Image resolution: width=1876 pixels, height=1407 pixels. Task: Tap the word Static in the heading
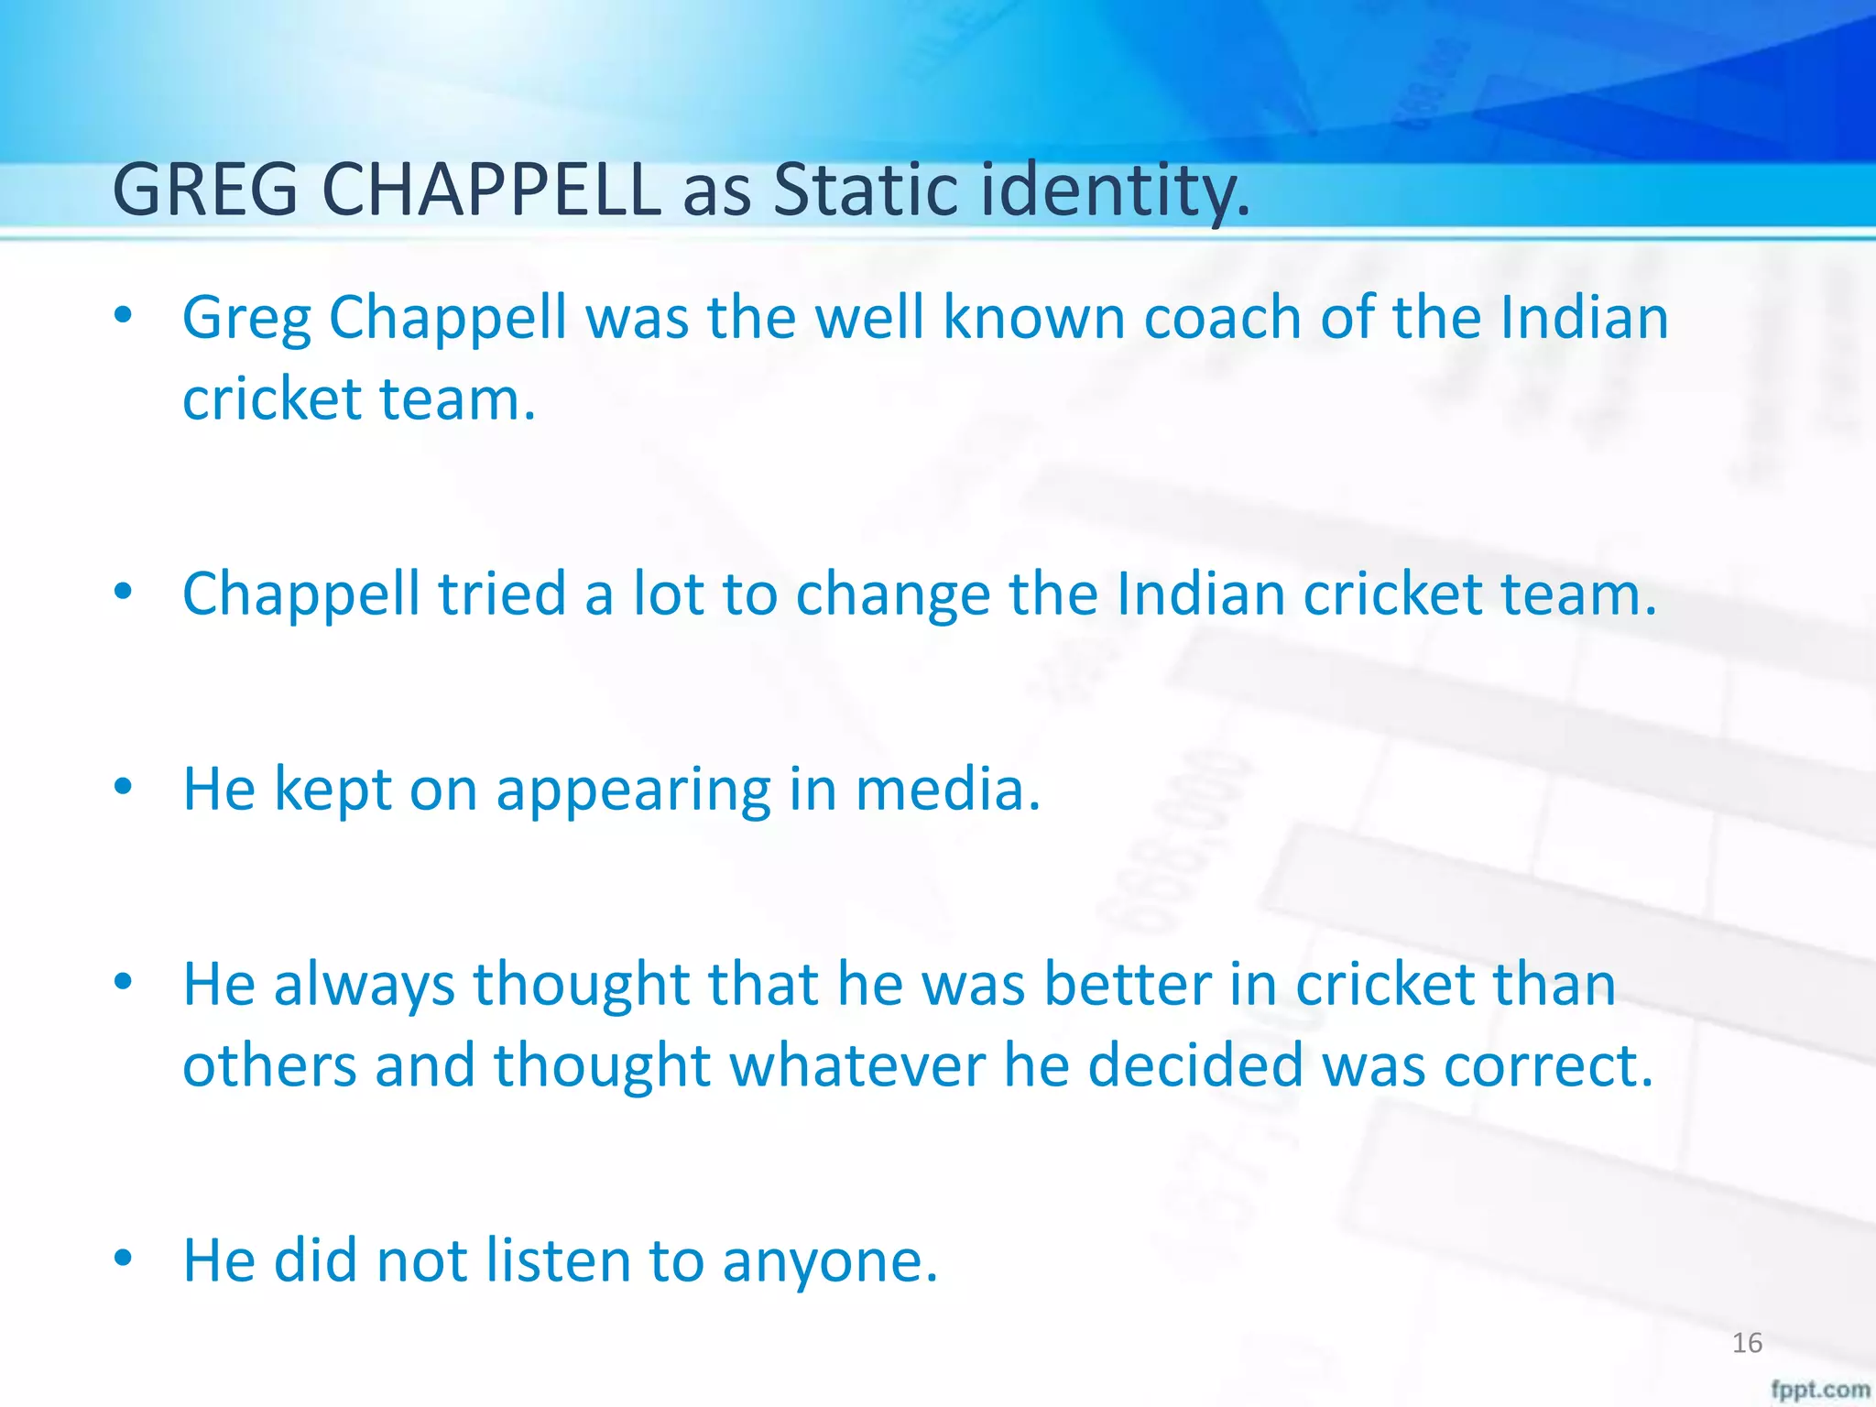coord(866,190)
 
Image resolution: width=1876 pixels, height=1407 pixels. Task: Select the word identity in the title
coord(1114,191)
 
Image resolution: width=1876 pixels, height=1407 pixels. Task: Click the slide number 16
coord(1747,1343)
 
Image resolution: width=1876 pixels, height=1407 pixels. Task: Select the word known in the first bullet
coord(1033,318)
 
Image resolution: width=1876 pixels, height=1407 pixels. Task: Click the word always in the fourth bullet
coord(364,986)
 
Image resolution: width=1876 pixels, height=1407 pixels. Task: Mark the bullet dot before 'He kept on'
coord(124,787)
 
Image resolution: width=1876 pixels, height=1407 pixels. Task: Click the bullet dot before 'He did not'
coord(124,1258)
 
